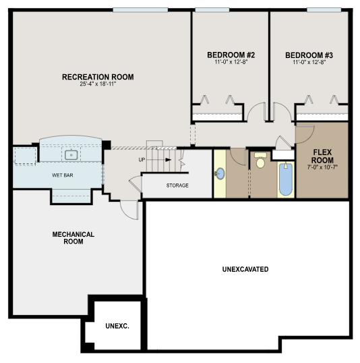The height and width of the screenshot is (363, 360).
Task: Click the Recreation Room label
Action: [x=98, y=77]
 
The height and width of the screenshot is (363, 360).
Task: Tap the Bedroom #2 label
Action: [x=231, y=55]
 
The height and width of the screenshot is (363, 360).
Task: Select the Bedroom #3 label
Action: [x=309, y=55]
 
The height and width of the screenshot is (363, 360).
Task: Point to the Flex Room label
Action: [x=322, y=157]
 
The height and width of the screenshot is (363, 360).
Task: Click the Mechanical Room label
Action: [x=73, y=238]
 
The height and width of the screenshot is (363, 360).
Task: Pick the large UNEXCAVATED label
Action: [x=245, y=269]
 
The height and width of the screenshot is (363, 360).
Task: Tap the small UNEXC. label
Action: [x=117, y=326]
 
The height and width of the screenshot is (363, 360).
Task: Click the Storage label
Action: [x=177, y=186]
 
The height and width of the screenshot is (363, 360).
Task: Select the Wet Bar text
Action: [x=63, y=175]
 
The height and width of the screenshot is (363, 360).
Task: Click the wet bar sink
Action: [x=71, y=155]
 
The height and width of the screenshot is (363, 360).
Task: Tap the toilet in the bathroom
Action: [x=260, y=160]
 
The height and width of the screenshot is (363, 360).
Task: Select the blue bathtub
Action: [x=286, y=179]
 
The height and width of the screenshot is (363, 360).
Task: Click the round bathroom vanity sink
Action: [x=220, y=174]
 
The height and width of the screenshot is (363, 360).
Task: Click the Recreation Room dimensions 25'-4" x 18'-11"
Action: [x=98, y=84]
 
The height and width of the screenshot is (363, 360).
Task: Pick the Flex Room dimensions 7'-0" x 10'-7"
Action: [x=322, y=167]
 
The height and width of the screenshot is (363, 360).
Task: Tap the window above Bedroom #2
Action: [x=212, y=10]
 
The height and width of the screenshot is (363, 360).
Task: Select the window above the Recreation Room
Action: [x=140, y=10]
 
